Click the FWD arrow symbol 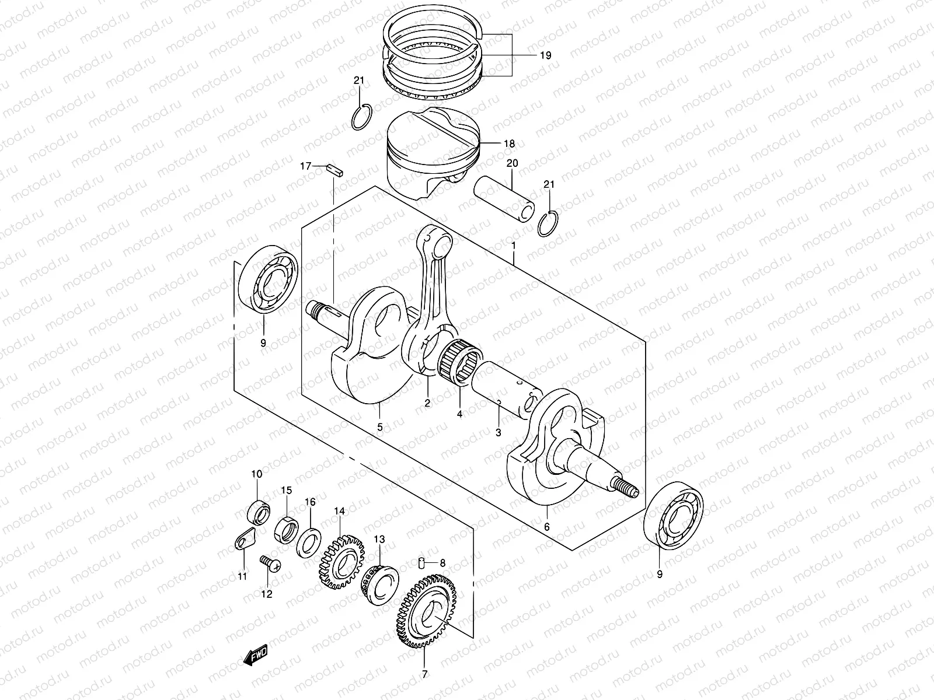pyautogui.click(x=255, y=658)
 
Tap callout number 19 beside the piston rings pyautogui.click(x=545, y=55)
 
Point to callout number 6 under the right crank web pyautogui.click(x=546, y=527)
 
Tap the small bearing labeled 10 pyautogui.click(x=257, y=512)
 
